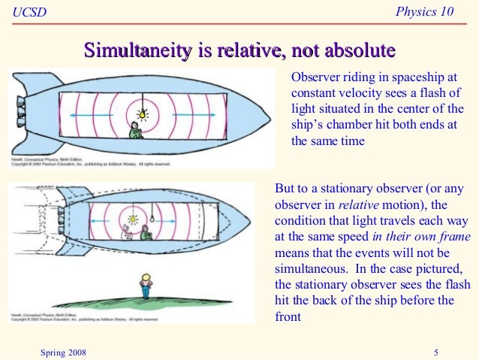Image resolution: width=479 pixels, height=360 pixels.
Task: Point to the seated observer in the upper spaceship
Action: pyautogui.click(x=135, y=132)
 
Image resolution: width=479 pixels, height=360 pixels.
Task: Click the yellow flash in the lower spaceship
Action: pyautogui.click(x=132, y=219)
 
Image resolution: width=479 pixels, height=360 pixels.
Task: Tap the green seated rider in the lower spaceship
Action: pyautogui.click(x=147, y=234)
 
